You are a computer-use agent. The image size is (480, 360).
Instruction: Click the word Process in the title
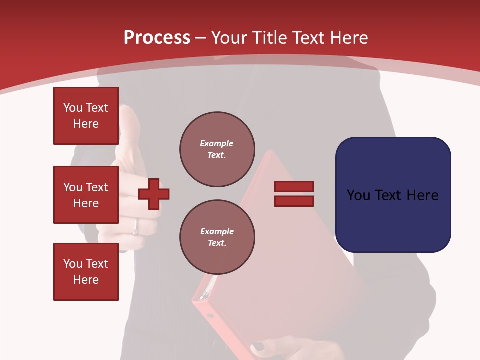click(x=157, y=38)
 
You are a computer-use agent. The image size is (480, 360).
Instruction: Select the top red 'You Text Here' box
click(x=86, y=116)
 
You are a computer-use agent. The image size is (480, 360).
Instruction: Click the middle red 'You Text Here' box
click(x=86, y=195)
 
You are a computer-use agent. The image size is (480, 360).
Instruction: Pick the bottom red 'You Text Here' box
click(x=86, y=272)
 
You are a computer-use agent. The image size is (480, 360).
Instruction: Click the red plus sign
click(x=154, y=194)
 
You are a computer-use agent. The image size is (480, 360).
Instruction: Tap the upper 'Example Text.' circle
click(x=217, y=149)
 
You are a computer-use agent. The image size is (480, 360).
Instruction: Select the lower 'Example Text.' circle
click(x=217, y=237)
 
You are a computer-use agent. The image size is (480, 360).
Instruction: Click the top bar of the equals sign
click(x=294, y=187)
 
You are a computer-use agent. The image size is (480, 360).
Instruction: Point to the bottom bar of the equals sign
click(x=294, y=201)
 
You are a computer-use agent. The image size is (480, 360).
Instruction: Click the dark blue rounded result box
click(x=393, y=195)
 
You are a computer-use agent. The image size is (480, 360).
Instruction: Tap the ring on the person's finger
click(x=135, y=230)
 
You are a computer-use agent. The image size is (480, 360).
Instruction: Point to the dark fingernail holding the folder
click(x=258, y=347)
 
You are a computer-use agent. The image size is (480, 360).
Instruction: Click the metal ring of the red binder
click(x=204, y=296)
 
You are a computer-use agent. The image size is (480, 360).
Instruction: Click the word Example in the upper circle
click(x=217, y=143)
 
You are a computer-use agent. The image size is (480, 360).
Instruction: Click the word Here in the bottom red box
click(x=86, y=280)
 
